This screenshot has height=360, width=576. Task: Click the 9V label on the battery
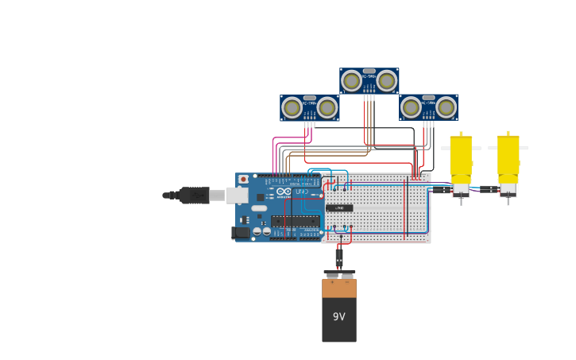coord(338,317)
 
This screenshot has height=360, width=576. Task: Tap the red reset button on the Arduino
coord(243,180)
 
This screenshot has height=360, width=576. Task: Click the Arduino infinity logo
coord(284,192)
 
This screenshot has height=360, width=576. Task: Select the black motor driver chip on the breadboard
coord(339,208)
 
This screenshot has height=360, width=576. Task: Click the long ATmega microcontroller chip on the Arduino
coord(296,221)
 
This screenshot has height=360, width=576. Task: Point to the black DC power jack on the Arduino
coord(241,233)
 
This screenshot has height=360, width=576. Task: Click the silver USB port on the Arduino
coord(237,195)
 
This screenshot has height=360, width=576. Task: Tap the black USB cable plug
coord(194,195)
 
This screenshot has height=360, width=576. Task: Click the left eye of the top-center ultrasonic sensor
coord(352,80)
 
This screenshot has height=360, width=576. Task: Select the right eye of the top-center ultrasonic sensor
coord(387,80)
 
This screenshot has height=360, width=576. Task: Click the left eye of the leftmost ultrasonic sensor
coord(292,107)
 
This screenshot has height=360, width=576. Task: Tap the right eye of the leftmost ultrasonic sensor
coord(327,107)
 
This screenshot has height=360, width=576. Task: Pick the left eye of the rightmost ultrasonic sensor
coord(412,107)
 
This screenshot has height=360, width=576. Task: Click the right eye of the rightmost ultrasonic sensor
coord(446,107)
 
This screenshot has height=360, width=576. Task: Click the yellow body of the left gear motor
coord(461,159)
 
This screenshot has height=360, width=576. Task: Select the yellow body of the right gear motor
coord(508,159)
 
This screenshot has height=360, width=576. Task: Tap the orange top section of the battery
coord(339,288)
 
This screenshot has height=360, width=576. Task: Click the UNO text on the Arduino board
coord(302,192)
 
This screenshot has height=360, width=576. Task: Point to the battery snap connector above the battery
coord(339,275)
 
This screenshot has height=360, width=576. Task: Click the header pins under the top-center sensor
coord(369,97)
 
